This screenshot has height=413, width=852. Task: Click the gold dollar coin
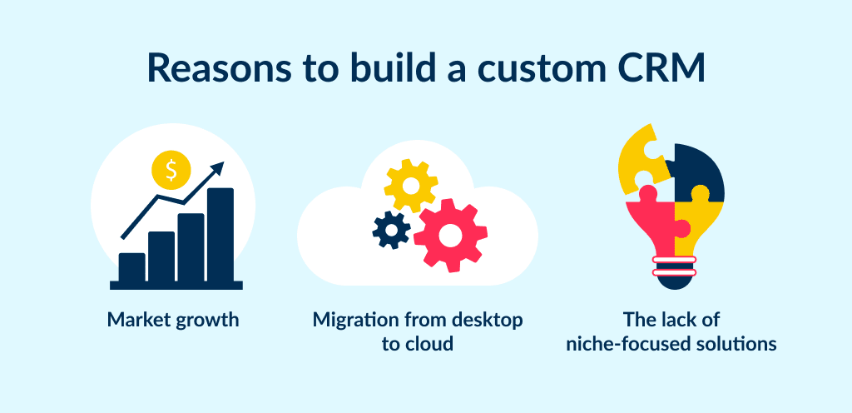coord(171,171)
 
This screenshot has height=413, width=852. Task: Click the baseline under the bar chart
coord(176,285)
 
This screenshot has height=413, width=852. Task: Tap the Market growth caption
coord(173,319)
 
